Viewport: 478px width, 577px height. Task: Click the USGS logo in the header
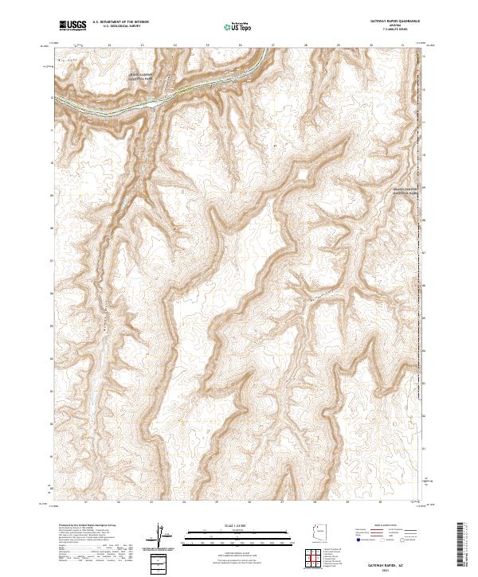[x=73, y=25]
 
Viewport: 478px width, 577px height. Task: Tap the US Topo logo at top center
[x=239, y=25]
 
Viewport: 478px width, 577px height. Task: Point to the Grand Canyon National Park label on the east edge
[x=406, y=190]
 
